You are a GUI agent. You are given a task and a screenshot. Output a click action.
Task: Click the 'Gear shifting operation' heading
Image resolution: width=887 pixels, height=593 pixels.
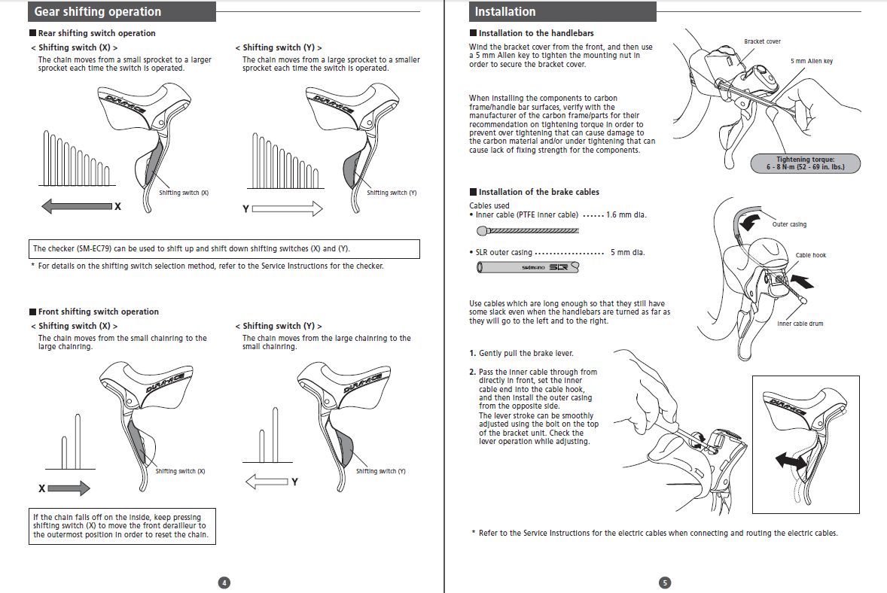pos(97,12)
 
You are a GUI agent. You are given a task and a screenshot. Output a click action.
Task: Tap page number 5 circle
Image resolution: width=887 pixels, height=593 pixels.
pos(663,582)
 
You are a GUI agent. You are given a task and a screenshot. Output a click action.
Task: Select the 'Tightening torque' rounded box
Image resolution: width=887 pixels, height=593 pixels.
pos(805,163)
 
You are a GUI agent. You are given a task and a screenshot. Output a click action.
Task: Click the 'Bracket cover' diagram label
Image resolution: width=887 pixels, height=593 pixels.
pos(762,41)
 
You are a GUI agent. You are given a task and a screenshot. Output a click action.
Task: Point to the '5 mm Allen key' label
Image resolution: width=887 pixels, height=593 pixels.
pos(812,61)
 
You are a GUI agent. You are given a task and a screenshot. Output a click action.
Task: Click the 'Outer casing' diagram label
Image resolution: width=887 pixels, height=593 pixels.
pos(789,224)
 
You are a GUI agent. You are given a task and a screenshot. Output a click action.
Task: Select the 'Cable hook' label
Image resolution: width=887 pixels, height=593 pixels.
pos(810,255)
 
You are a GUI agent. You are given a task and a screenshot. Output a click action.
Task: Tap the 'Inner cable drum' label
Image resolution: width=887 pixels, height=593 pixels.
pos(800,324)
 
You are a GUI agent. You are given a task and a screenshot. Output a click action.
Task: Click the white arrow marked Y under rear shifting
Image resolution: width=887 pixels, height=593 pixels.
pos(287,208)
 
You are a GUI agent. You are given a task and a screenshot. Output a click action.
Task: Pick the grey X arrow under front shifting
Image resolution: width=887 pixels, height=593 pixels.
pos(69,488)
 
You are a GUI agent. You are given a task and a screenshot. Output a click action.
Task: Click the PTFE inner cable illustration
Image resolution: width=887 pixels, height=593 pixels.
pos(527,231)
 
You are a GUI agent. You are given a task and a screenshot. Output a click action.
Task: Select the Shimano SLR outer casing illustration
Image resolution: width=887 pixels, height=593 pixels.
pos(529,266)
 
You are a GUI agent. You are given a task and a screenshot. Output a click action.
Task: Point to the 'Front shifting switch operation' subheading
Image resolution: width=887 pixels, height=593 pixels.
pos(98,312)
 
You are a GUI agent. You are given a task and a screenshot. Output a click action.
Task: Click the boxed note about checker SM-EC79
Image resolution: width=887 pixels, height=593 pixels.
pos(224,248)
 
